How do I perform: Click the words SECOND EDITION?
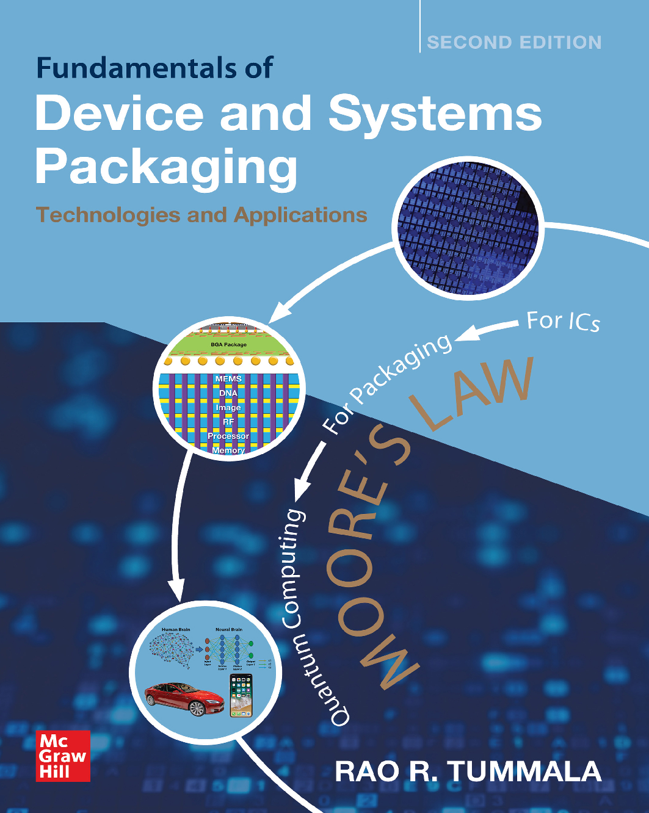click(514, 42)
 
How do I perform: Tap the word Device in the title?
click(119, 114)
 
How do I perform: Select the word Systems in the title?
click(435, 114)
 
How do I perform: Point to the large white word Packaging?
click(166, 166)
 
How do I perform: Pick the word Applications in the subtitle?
click(300, 215)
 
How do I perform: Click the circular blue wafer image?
click(468, 228)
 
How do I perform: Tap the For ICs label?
click(563, 321)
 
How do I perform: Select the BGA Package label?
click(228, 345)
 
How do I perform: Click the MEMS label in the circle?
click(228, 379)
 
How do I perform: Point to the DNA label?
click(228, 393)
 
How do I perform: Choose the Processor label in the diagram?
click(228, 436)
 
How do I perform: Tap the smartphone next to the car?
click(241, 696)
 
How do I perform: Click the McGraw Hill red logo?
click(63, 756)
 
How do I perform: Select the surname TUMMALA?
click(525, 771)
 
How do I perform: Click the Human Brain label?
click(176, 629)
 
